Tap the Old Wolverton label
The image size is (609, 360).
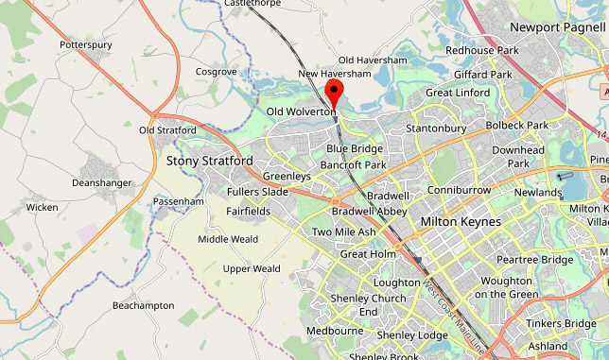click(301, 111)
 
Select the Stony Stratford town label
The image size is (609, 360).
click(209, 161)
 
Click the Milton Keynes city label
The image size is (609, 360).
click(461, 221)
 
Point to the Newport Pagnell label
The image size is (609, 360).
click(556, 27)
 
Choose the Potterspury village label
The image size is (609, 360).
click(86, 44)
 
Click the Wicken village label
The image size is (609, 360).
click(42, 207)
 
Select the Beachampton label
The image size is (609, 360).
click(143, 305)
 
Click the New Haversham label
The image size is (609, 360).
click(334, 74)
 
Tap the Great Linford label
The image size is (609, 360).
click(458, 93)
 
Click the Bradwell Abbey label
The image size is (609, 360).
click(369, 212)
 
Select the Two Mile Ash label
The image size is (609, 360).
click(343, 232)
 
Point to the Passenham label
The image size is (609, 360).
click(179, 201)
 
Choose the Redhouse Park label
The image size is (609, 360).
click(482, 49)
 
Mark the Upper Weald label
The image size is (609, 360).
click(251, 268)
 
